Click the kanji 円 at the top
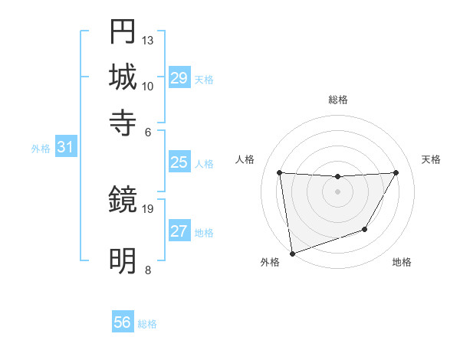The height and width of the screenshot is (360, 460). pos(123,32)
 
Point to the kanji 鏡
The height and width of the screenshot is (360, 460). pos(123,201)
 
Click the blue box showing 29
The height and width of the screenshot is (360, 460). pos(179,79)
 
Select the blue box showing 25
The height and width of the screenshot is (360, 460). pos(179,162)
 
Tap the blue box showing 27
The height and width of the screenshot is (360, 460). pos(179,232)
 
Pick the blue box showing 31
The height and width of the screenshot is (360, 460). pos(65,149)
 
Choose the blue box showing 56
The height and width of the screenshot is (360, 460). pos(123,323)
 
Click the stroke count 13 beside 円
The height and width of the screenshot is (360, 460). pos(148,40)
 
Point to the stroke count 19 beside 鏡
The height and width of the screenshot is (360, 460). pos(148,208)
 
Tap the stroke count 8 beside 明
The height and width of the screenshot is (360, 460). pos(147,270)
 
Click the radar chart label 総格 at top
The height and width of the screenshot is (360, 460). pos(337,100)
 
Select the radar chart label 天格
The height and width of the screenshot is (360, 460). pos(432,159)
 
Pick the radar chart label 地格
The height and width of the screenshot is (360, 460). pos(402,263)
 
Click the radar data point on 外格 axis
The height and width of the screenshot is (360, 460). pos(292,253)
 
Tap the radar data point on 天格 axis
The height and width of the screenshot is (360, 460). pos(396,173)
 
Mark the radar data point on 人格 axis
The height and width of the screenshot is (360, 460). pos(279,173)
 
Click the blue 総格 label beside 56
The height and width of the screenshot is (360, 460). pos(147,324)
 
